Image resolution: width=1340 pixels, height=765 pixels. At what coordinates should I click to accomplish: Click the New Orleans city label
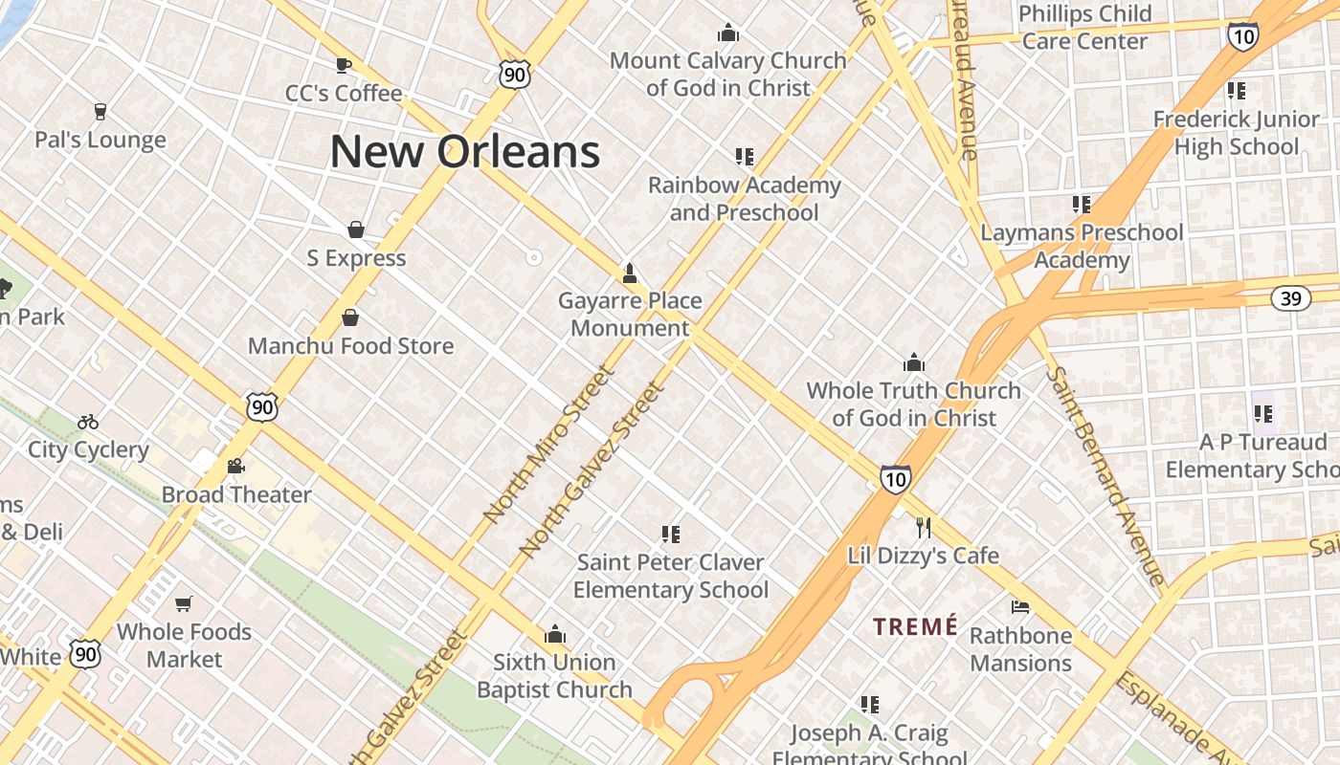(x=465, y=152)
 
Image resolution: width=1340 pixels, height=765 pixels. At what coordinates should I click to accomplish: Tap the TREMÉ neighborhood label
(x=915, y=627)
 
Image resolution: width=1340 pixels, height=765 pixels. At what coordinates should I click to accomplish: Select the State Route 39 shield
(x=1291, y=298)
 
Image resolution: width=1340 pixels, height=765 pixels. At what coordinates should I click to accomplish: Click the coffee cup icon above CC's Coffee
(x=344, y=65)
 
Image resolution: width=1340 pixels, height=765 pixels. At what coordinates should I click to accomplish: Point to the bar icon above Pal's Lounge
(x=100, y=112)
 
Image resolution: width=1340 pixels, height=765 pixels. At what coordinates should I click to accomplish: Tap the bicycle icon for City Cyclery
(x=88, y=422)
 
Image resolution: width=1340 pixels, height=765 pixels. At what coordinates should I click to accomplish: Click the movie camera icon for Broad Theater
(x=235, y=467)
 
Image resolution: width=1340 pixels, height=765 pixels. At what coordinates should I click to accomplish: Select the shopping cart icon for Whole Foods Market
(x=184, y=603)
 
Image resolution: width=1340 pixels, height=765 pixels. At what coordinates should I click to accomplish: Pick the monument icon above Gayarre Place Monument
(x=630, y=273)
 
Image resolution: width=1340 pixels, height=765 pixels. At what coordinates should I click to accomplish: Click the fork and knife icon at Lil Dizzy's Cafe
(x=924, y=527)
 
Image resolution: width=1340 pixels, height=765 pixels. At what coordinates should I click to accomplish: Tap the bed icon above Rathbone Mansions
(x=1020, y=607)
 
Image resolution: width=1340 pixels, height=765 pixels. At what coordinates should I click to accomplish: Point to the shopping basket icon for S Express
(x=356, y=229)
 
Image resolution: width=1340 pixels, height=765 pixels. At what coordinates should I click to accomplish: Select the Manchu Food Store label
(x=350, y=345)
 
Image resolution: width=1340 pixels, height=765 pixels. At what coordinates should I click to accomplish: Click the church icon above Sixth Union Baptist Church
(x=555, y=634)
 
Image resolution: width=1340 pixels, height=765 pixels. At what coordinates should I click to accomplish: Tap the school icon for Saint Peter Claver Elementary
(x=671, y=534)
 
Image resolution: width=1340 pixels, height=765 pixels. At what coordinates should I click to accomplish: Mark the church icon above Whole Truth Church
(x=914, y=362)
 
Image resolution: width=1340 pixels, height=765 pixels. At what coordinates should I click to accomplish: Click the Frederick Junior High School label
(x=1236, y=133)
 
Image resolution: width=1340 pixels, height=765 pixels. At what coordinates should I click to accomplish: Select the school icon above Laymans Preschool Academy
(x=1082, y=204)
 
